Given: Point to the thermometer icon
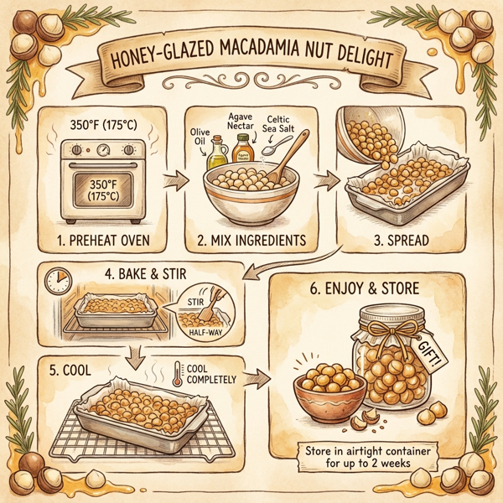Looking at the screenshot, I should coord(179,374).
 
